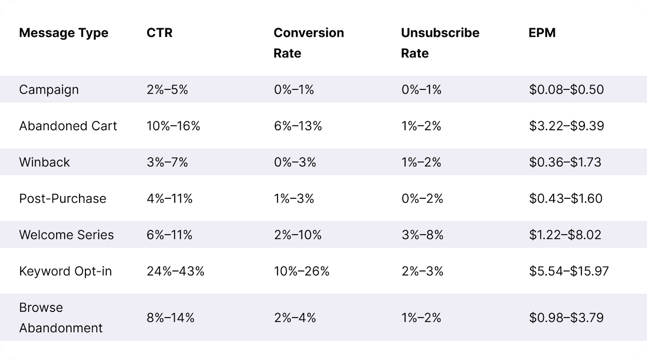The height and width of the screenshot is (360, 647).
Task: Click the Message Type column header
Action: (x=63, y=33)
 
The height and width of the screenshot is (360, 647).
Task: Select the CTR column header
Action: (x=159, y=33)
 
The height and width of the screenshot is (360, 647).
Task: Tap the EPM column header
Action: (x=542, y=33)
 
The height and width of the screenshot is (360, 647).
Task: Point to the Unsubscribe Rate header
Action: (x=440, y=43)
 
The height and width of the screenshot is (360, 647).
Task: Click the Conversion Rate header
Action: (x=309, y=43)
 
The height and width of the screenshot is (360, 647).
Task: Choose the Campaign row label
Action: (x=49, y=89)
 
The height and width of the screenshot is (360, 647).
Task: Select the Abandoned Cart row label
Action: (x=68, y=126)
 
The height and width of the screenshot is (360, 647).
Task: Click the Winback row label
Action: (x=44, y=162)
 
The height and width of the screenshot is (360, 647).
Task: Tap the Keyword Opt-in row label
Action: (x=66, y=271)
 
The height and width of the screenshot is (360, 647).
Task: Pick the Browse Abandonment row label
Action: (x=61, y=318)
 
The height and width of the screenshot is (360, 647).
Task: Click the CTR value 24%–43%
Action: (x=175, y=271)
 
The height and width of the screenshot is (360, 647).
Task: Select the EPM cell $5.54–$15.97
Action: (x=569, y=271)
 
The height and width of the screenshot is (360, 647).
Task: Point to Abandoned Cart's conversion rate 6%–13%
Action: (x=298, y=126)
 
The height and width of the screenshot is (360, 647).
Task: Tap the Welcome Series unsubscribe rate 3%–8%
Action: (x=422, y=235)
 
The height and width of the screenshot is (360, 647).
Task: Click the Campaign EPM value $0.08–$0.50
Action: (x=566, y=89)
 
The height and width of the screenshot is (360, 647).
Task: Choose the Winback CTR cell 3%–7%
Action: (x=167, y=162)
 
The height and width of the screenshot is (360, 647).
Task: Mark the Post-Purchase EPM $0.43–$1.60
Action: (x=565, y=198)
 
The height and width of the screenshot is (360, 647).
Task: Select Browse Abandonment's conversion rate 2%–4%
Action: (x=295, y=318)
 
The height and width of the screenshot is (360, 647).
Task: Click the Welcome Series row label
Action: (x=66, y=235)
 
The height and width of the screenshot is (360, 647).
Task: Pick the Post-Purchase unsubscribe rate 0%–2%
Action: (x=422, y=198)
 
